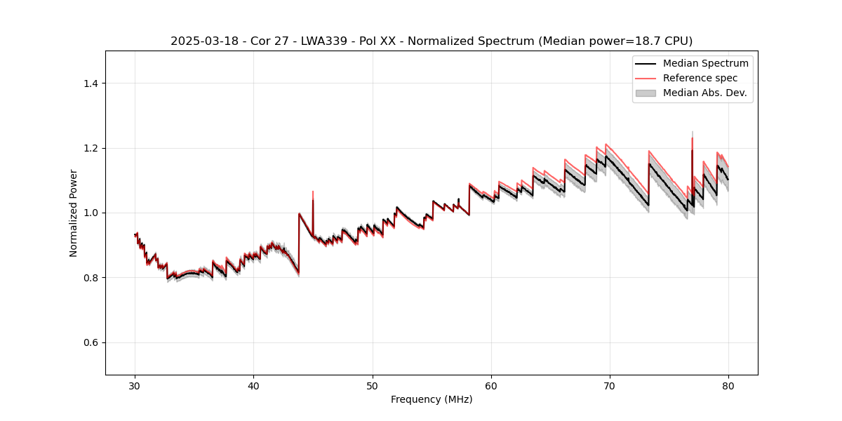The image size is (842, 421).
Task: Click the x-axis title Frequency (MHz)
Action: (x=432, y=399)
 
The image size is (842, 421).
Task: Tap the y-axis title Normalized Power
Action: (x=74, y=213)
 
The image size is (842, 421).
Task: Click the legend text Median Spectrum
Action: (x=705, y=63)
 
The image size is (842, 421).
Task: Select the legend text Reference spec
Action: (x=700, y=78)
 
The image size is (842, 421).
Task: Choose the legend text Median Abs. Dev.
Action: (x=704, y=93)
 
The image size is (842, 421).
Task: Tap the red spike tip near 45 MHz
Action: (x=313, y=191)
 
